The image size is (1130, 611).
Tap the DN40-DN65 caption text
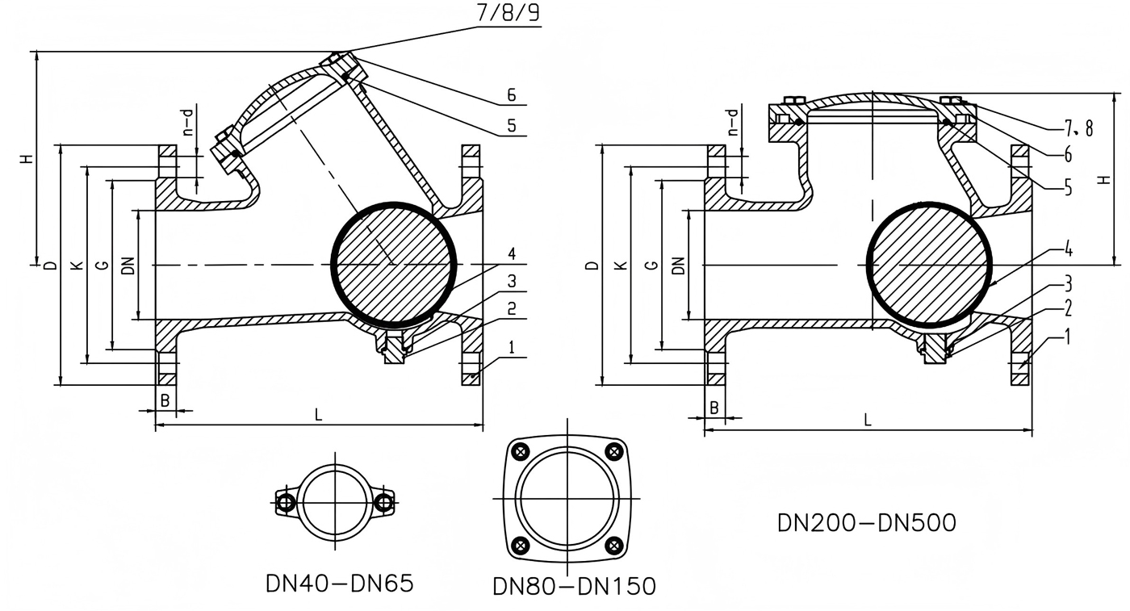[339, 584]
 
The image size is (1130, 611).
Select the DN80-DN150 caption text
[575, 587]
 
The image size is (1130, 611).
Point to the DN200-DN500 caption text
[866, 523]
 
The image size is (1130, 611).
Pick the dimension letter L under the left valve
[318, 415]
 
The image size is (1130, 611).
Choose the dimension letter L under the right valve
[868, 420]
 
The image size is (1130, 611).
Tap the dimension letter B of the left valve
[164, 400]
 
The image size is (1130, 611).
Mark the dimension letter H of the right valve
[1103, 179]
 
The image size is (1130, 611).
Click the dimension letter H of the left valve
[28, 159]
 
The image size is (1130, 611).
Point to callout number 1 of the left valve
[511, 348]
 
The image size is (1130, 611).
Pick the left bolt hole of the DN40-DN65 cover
[284, 503]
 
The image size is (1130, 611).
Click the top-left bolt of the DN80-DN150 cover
[522, 451]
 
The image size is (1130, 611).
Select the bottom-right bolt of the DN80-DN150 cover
[613, 545]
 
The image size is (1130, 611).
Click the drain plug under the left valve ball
[393, 349]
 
